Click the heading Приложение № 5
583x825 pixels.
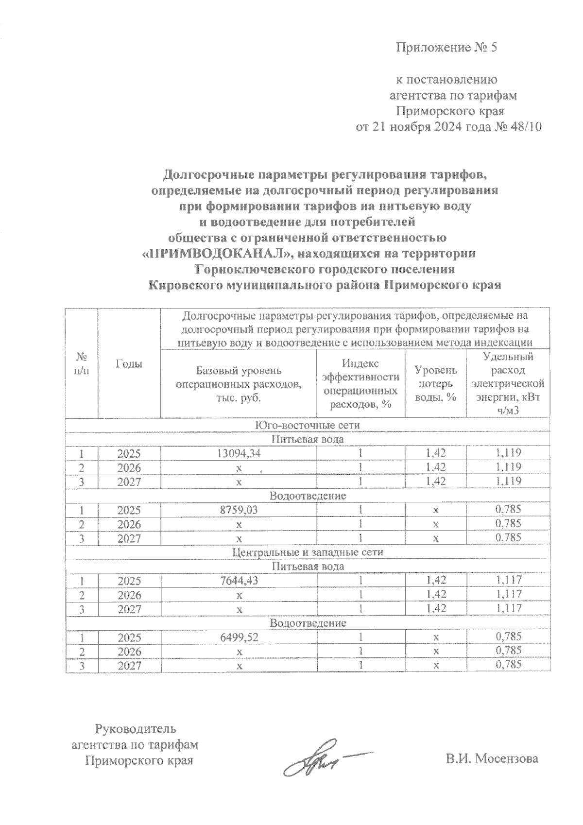pyautogui.click(x=447, y=48)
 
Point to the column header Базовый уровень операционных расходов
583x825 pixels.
pyautogui.click(x=238, y=384)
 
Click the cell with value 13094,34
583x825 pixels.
pyautogui.click(x=238, y=453)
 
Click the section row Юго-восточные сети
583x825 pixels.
pyautogui.click(x=308, y=425)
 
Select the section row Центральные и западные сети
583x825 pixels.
pyautogui.click(x=308, y=552)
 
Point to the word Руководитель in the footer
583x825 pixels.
pyautogui.click(x=136, y=729)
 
